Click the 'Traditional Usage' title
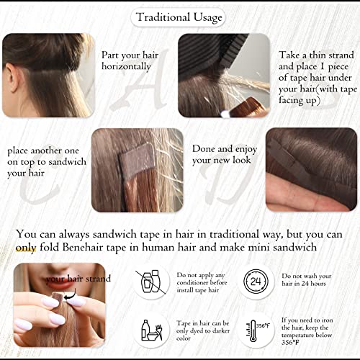click(x=178, y=16)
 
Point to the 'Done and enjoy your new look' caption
click(x=222, y=154)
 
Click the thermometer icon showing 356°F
click(x=256, y=332)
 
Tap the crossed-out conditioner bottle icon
click(x=150, y=282)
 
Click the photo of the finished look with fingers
click(x=311, y=169)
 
